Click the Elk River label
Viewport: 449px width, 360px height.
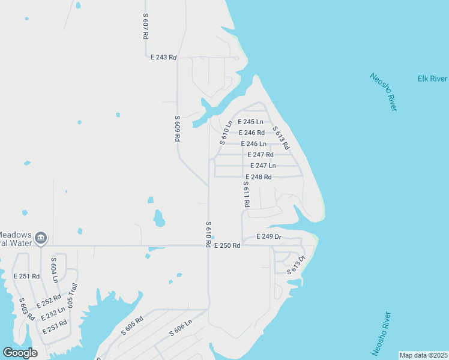coord(432,79)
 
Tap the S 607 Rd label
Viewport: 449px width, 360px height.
coord(145,26)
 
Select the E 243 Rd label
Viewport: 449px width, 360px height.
coord(163,58)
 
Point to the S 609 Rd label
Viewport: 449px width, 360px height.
coord(178,128)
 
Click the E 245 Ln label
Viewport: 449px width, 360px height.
coord(251,122)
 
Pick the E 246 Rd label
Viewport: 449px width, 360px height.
coord(252,133)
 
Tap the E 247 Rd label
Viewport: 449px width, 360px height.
coord(261,154)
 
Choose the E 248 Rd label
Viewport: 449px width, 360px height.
coord(259,177)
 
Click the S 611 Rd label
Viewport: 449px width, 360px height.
coord(246,194)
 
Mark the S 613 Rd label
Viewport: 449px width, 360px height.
coord(281,138)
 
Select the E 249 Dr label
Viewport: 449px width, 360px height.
coord(269,237)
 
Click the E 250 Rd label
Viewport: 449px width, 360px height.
coord(227,245)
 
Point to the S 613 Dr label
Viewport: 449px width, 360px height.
coord(297,265)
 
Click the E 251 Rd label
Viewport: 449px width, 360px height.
coord(26,277)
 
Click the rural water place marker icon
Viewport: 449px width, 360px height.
coord(41,238)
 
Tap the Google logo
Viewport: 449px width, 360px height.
coord(20,353)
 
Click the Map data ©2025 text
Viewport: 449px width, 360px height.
coord(423,355)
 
